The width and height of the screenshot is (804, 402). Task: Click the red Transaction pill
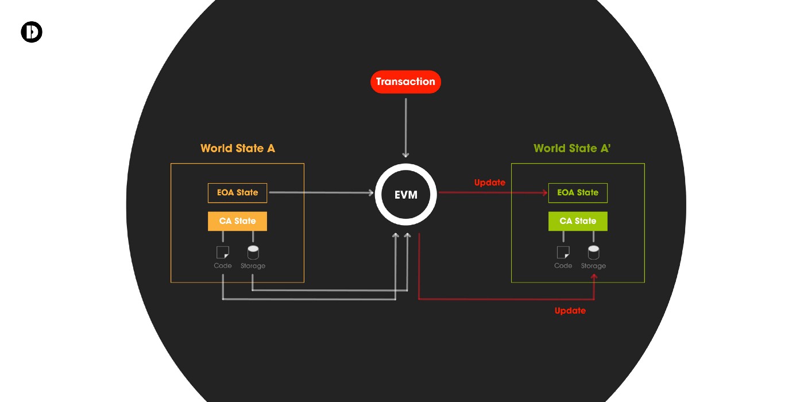405,82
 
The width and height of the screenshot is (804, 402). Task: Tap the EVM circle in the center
405,195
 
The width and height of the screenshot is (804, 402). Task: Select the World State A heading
238,148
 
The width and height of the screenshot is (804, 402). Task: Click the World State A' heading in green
572,148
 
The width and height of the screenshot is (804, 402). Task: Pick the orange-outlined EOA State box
237,193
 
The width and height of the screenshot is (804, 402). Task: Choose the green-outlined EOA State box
578,193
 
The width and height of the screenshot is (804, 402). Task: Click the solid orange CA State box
237,221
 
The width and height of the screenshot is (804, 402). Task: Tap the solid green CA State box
578,221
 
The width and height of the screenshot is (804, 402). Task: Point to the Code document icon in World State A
222,252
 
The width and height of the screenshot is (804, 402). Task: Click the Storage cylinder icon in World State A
253,252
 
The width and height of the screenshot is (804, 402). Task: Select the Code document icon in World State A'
563,252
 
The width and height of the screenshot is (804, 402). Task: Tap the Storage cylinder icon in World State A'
593,252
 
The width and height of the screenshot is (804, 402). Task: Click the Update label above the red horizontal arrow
490,183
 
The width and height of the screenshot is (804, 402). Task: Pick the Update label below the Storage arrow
570,311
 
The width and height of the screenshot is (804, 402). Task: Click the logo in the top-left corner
32,32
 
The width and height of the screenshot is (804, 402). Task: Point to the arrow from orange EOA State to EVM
322,193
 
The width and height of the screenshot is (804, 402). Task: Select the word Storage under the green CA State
593,266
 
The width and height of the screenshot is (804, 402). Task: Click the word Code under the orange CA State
223,266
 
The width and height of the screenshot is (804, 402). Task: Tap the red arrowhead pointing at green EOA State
544,193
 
